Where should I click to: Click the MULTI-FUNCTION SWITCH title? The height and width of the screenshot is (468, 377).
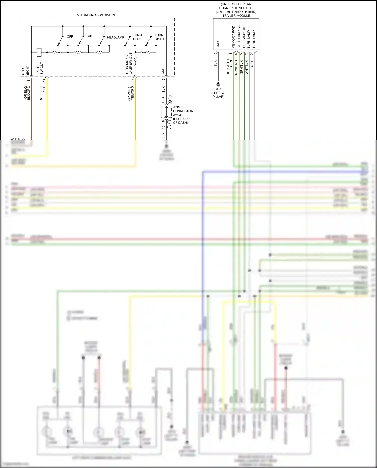97,15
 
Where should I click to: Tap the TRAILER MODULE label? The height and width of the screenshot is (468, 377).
236,16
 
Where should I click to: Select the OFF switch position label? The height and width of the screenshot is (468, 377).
70,37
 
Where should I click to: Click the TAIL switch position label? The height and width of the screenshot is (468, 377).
89,36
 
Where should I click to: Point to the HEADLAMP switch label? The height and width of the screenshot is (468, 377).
116,37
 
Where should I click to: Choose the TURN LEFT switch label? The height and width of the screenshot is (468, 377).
137,37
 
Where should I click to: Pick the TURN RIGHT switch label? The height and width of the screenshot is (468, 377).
159,37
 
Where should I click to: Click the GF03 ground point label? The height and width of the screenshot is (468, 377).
218,89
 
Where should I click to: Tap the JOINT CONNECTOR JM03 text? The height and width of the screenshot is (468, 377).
183,111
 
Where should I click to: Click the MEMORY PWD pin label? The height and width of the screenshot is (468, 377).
233,37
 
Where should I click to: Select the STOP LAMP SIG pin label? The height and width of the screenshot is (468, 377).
239,36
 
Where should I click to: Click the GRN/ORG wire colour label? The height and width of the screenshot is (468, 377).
236,67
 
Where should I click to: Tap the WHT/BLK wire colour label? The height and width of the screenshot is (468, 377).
247,67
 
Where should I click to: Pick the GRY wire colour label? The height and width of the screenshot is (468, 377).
252,64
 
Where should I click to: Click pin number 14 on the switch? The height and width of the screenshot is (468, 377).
44,80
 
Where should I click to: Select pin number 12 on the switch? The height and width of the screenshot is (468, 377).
132,80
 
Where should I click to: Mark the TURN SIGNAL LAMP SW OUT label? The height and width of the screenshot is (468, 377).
129,64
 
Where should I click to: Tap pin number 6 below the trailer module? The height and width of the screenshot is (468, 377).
215,53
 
